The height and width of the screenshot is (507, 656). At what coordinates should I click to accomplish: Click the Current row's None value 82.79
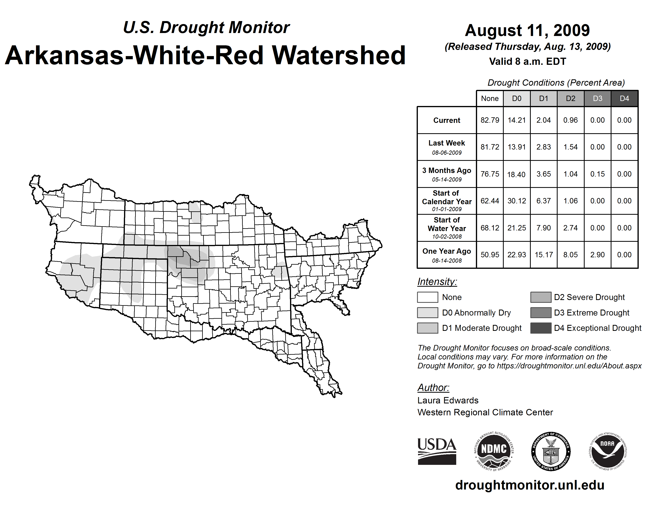(490, 120)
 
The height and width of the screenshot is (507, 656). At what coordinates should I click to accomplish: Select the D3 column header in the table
(597, 98)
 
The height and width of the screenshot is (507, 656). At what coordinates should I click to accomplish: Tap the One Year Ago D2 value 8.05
(570, 255)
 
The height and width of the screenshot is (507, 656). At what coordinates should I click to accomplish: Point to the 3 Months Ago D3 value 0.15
(597, 174)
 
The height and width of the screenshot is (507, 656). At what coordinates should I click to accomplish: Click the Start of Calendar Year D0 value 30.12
(517, 201)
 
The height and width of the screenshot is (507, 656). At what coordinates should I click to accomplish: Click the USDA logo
(437, 451)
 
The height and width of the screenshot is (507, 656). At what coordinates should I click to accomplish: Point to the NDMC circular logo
(494, 451)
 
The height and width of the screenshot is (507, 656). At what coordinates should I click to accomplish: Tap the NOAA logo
(607, 451)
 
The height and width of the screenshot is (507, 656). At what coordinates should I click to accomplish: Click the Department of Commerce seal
(551, 451)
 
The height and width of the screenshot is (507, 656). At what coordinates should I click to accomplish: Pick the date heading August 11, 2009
(527, 30)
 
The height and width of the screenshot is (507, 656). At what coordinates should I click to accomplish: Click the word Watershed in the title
(339, 55)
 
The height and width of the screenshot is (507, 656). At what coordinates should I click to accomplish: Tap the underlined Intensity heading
(437, 282)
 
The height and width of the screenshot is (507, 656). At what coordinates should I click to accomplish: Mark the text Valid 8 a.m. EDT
(527, 61)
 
